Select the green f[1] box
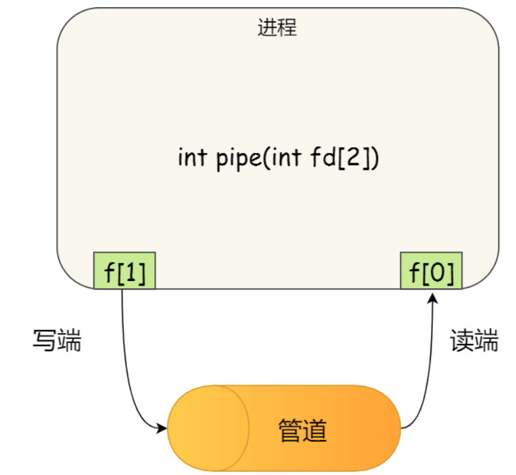pos(124,270)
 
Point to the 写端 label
pos(58,340)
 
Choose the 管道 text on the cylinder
pos(302,430)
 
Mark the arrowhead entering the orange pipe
pos(162,429)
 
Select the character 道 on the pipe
pos(315,430)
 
